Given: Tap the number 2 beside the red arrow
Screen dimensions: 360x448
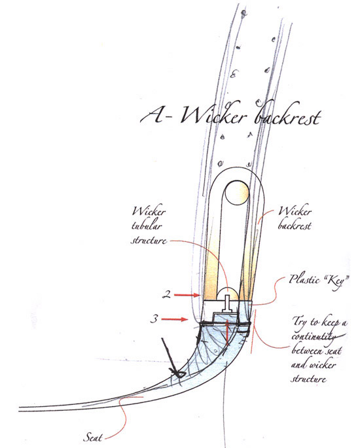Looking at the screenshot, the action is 166,294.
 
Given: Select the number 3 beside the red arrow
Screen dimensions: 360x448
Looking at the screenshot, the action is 154,319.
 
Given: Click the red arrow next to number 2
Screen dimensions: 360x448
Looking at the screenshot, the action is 187,295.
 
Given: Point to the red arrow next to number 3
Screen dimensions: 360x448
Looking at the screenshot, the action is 174,319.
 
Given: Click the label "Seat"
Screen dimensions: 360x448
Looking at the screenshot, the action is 92,437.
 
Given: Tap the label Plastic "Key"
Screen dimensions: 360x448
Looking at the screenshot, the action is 319,281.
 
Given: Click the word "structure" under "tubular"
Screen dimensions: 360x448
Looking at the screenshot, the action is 149,240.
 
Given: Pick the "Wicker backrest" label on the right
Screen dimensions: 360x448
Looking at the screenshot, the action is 295,218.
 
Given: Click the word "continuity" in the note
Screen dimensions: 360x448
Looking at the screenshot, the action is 314,336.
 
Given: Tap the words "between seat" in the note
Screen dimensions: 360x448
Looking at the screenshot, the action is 316,350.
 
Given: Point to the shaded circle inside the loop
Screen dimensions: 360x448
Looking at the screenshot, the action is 236,192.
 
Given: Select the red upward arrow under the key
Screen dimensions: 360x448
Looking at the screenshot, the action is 227,334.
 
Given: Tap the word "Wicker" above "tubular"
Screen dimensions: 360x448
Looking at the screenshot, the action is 149,211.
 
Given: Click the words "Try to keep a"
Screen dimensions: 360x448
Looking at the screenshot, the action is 319,322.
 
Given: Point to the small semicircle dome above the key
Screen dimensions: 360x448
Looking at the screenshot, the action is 227,294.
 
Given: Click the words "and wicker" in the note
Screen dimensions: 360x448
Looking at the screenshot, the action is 313,364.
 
